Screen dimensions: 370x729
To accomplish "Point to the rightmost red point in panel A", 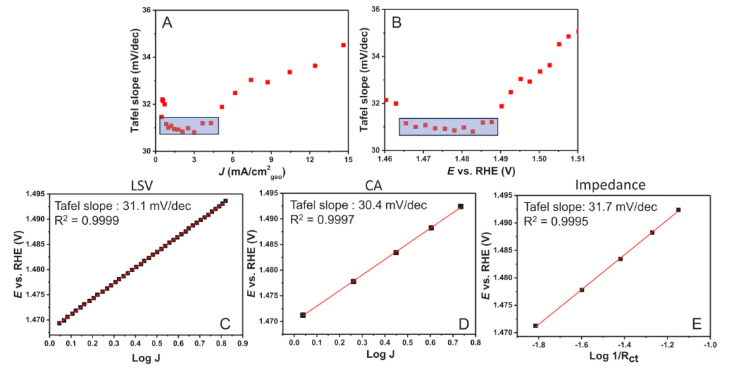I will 343,45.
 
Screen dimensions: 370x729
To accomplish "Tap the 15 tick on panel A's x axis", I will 348,159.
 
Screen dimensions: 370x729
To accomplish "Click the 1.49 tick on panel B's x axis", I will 500,159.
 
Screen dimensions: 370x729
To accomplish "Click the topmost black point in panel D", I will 461,206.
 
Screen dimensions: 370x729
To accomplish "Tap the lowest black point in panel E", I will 536,325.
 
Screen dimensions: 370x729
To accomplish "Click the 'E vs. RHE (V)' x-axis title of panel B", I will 481,171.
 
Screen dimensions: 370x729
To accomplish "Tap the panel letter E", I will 695,323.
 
